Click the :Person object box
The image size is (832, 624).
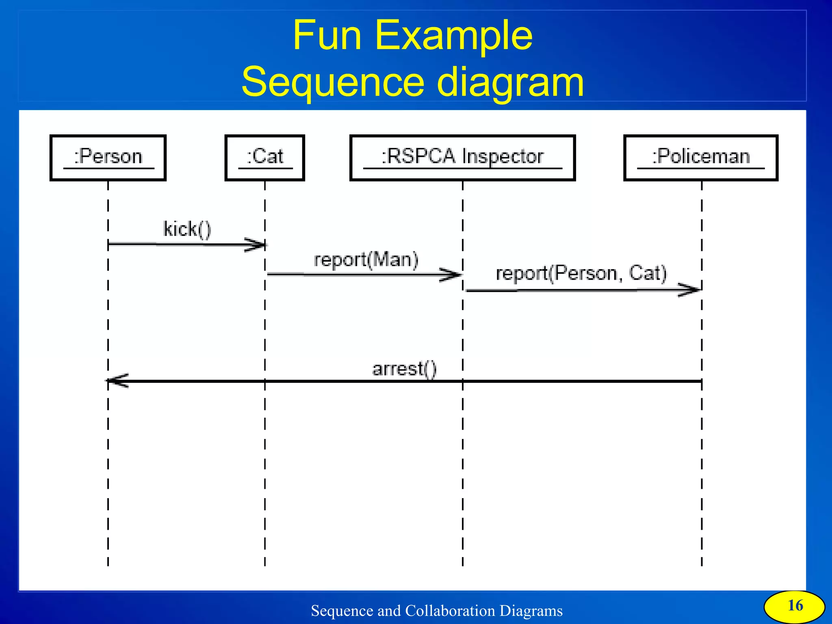tap(108, 158)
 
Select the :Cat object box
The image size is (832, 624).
tap(264, 158)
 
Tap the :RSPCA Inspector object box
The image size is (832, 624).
tap(462, 158)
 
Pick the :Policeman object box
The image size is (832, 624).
tap(700, 158)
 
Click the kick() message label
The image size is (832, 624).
tap(187, 229)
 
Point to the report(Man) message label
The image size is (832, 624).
tap(366, 260)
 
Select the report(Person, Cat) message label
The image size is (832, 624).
tap(581, 273)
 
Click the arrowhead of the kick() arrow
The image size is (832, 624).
tap(256, 245)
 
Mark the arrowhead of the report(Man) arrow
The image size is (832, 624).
tap(451, 275)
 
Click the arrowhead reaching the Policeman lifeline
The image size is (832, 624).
tap(689, 290)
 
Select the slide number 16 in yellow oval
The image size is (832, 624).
tap(795, 606)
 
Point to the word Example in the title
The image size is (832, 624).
tap(453, 37)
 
